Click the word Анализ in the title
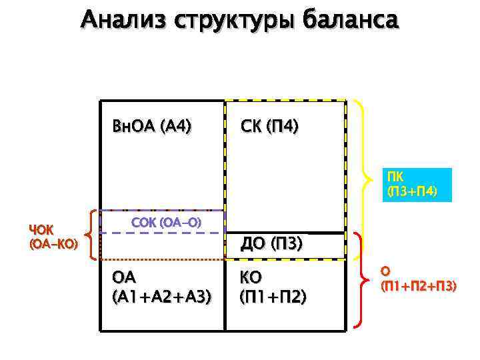click(x=123, y=19)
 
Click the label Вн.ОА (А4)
click(x=152, y=125)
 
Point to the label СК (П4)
click(x=269, y=125)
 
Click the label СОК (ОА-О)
click(x=166, y=221)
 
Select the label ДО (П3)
click(x=272, y=245)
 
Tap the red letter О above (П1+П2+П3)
click(x=385, y=271)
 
